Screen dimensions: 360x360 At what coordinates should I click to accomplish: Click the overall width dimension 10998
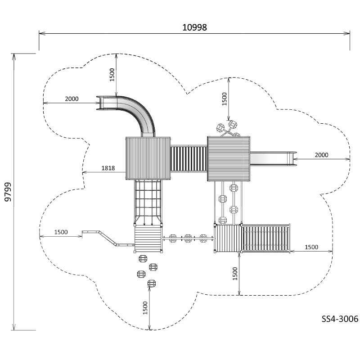[x=194, y=27]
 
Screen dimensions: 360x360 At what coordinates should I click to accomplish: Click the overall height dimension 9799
[x=8, y=192]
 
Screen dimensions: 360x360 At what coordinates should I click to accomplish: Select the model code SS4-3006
[x=340, y=319]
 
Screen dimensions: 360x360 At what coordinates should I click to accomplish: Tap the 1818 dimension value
[x=108, y=168]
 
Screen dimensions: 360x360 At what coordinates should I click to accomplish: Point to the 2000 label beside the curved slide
[x=72, y=99]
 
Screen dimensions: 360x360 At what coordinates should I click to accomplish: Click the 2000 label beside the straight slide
[x=321, y=155]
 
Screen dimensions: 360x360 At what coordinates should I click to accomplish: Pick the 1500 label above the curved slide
[x=112, y=75]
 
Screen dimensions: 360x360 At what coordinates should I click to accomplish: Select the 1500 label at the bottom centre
[x=145, y=308]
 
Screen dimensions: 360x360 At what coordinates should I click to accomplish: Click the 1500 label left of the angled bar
[x=61, y=232]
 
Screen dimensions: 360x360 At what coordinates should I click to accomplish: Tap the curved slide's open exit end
[x=99, y=103]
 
